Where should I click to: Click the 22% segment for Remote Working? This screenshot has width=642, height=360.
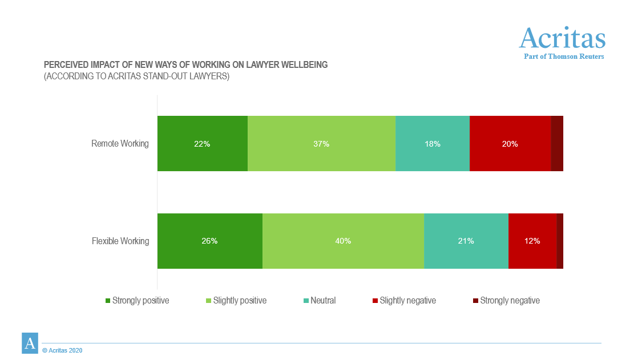202,144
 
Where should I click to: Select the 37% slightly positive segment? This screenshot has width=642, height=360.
321,144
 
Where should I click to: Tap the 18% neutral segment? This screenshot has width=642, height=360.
432,144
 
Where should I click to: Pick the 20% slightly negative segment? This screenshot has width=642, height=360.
510,144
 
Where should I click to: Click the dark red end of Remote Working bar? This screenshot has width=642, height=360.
557,144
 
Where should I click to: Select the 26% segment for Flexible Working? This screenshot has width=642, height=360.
209,241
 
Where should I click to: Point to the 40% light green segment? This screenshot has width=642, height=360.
343,241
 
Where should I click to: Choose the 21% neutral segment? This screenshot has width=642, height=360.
466,241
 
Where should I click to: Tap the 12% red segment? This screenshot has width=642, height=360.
532,241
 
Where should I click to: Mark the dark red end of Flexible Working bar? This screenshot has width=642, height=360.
560,241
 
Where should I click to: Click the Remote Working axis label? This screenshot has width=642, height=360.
120,144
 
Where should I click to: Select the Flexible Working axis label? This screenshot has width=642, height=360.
120,241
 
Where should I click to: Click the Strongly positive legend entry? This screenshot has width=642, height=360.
140,301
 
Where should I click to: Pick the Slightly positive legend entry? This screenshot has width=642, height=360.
239,301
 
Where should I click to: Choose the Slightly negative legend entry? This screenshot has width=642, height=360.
407,301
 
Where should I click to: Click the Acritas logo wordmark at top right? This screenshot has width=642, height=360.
562,38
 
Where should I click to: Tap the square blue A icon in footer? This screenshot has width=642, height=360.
30,343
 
